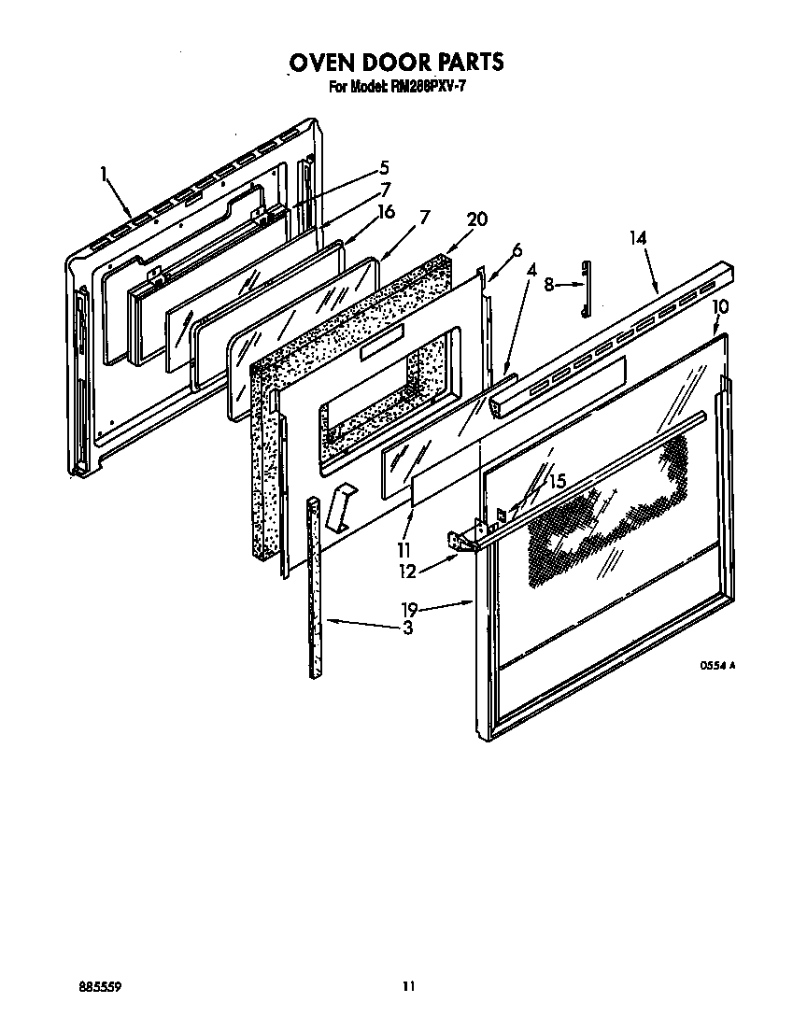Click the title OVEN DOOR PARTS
point(396,63)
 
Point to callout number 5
point(383,169)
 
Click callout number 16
point(385,212)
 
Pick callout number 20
point(476,220)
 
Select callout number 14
point(638,238)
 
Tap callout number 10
point(720,306)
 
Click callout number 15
point(557,482)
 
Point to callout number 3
point(407,629)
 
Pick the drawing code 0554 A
point(718,666)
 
